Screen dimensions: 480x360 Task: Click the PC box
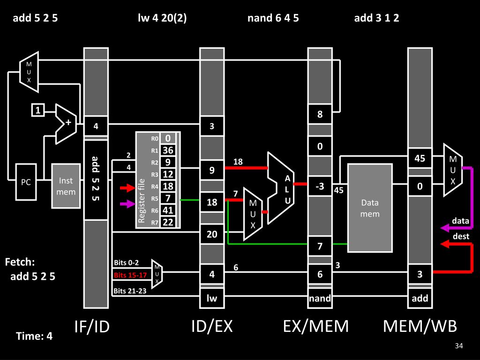26,182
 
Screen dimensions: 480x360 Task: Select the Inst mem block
66,186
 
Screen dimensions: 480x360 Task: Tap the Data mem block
370,208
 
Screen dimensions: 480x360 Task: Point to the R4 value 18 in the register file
168,186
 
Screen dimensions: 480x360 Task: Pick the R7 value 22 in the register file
168,222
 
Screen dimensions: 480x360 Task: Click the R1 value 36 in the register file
168,150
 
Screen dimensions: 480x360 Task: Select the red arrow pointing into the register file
127,187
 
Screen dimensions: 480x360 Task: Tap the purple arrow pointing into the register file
127,203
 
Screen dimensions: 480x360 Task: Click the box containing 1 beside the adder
38,110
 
